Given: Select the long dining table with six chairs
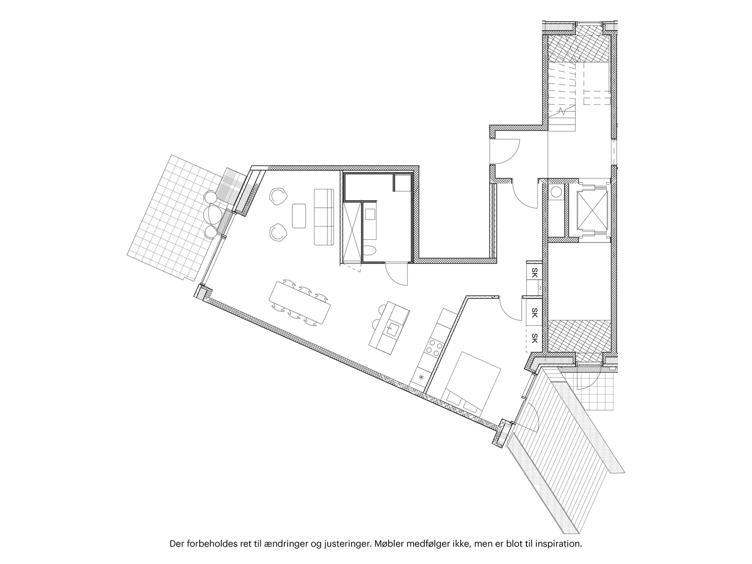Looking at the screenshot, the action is (299, 302).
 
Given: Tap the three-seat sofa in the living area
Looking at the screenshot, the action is (324, 217).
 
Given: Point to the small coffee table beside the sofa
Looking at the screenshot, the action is (299, 216).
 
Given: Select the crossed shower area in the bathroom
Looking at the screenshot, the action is (352, 233).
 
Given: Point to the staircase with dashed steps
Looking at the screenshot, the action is (562, 97).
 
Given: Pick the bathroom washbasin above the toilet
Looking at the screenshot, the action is (370, 215).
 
